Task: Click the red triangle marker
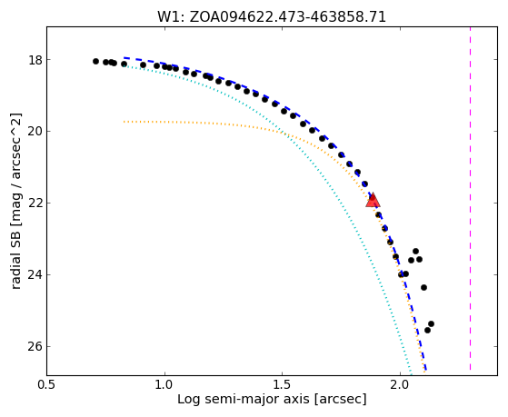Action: [373, 200]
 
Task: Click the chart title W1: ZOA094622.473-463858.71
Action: [272, 17]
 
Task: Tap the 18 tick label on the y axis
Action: [35, 60]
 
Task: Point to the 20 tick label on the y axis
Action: [35, 132]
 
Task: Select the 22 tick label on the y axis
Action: [35, 204]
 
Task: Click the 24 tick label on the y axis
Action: [35, 274]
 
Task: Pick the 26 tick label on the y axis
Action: [35, 347]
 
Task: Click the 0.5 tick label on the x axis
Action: [47, 384]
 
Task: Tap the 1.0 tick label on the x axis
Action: [164, 384]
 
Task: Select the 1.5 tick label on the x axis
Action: [283, 384]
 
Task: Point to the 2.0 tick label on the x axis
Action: [400, 384]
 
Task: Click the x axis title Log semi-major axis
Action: [244, 399]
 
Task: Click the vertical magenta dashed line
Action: [470, 199]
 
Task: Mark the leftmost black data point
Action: [95, 61]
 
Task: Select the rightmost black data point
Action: [431, 323]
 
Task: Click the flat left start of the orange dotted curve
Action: [125, 122]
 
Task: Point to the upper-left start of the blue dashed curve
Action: [125, 57]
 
